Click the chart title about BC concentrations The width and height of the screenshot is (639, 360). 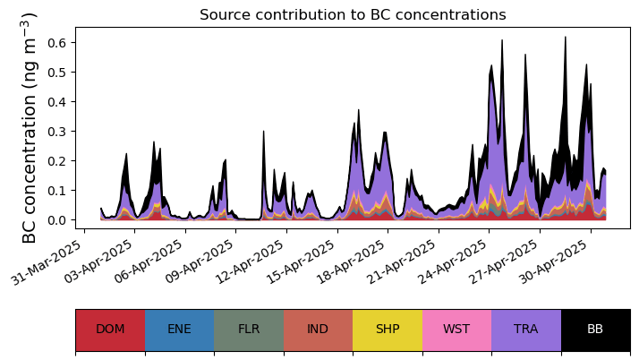(x=353, y=15)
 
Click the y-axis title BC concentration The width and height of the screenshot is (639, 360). (x=30, y=127)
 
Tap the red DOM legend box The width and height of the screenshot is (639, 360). (x=110, y=330)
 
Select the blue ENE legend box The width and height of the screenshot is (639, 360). (x=179, y=330)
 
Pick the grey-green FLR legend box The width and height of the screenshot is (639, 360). (x=249, y=330)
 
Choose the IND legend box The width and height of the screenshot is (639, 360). (x=318, y=330)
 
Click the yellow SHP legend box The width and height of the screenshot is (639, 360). (x=388, y=330)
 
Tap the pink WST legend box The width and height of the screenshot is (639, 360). (x=456, y=330)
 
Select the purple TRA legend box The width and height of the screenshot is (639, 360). (x=526, y=330)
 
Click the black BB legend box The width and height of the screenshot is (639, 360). (x=595, y=330)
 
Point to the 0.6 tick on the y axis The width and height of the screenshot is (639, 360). (x=58, y=42)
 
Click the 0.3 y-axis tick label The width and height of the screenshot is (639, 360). (x=58, y=131)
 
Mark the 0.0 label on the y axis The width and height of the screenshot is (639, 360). (x=58, y=220)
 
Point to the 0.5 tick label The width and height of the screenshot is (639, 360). (x=58, y=72)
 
